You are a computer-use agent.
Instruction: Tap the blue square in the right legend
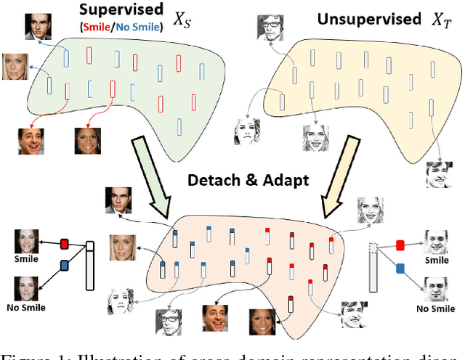[x=399, y=269]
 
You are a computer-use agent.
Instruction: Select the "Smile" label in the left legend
[x=25, y=258]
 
